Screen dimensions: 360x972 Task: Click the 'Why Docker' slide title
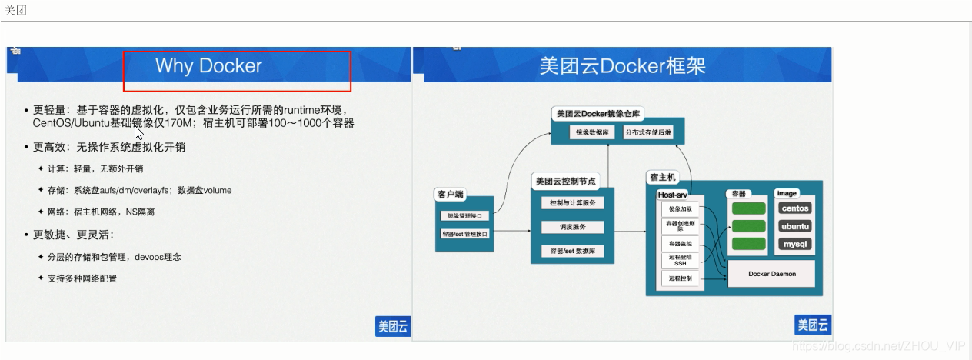point(208,66)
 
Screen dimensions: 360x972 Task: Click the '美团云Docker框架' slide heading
point(622,66)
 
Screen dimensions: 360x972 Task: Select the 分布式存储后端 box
point(647,132)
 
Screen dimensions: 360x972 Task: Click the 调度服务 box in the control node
point(572,228)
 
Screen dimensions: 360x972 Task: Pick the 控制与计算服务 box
point(572,203)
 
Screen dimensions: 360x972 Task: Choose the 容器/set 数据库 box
point(572,252)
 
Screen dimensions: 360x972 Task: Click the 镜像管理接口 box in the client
point(464,216)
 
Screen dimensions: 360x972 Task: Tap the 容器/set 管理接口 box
point(464,233)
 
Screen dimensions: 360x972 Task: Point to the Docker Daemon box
point(771,274)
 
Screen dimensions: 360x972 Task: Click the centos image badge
point(795,208)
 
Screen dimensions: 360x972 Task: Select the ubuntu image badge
point(795,227)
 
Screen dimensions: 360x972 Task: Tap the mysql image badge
point(795,245)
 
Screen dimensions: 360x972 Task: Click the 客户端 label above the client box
point(451,195)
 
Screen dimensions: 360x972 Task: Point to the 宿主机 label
point(663,178)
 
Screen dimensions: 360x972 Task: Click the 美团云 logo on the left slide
point(393,326)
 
